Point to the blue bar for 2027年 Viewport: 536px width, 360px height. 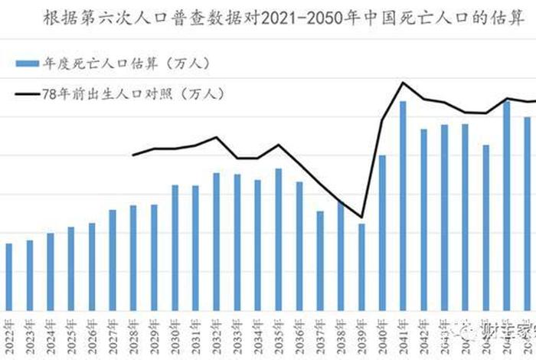[113, 260]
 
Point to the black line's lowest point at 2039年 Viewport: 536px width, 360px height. [361, 217]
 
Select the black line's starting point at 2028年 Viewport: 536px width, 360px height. [133, 155]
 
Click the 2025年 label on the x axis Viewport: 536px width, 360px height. [71, 335]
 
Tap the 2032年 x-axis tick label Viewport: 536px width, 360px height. [217, 335]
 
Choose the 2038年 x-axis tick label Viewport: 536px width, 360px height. [341, 335]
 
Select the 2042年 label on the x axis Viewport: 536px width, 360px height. [423, 335]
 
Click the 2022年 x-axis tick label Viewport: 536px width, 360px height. [9, 335]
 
